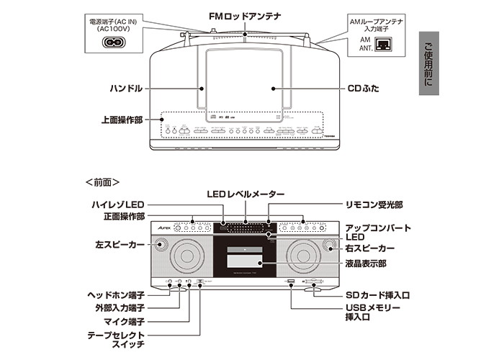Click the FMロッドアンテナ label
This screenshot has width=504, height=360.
tap(246, 14)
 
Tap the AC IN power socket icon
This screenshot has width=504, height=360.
tap(113, 42)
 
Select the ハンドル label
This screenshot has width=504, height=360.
tap(127, 89)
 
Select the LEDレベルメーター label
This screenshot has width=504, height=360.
tap(247, 194)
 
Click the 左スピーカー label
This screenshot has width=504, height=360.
tap(115, 245)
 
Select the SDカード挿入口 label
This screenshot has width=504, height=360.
tap(374, 296)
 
